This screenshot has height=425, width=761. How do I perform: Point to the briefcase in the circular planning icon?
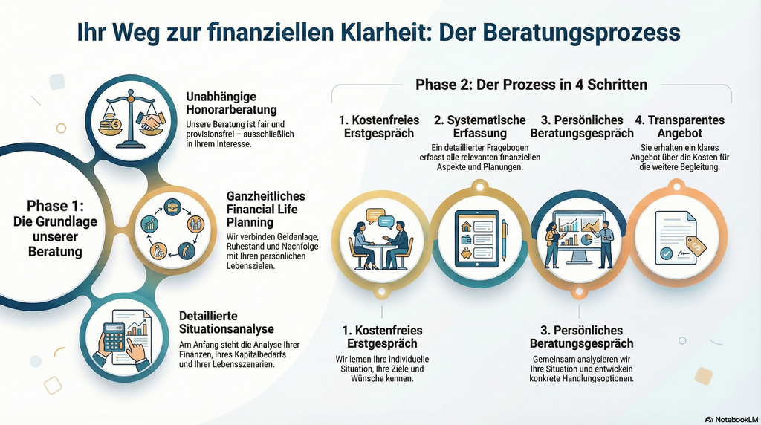point(172,207)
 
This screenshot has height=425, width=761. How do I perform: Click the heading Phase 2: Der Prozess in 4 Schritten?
point(531,85)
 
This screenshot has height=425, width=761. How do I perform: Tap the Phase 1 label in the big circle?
point(55,229)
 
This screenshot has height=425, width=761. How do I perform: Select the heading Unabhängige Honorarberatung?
point(232,103)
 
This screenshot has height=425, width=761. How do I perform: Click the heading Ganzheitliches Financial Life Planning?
point(266,209)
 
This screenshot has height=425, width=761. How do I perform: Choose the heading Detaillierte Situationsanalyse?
point(227,322)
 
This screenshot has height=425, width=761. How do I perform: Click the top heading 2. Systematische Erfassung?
point(479,126)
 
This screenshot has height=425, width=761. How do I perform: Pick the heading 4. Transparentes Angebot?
point(679,126)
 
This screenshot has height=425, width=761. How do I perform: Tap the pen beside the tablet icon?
point(505,240)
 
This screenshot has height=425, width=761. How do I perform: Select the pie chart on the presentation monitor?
point(586,240)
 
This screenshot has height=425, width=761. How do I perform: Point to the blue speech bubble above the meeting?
point(386,222)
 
